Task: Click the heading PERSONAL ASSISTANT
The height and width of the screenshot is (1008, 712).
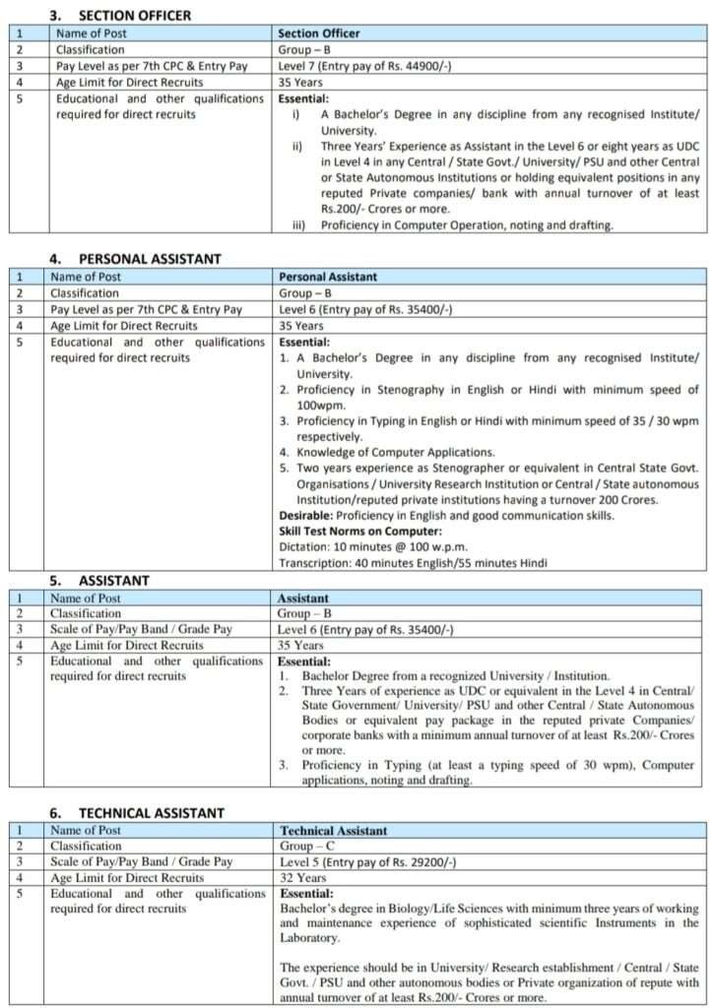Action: [149, 259]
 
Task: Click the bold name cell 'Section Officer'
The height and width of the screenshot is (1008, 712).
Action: [319, 33]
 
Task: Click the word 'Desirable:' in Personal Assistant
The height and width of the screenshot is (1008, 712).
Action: [306, 516]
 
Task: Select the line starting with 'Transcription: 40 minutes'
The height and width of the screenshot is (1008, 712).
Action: [413, 563]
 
